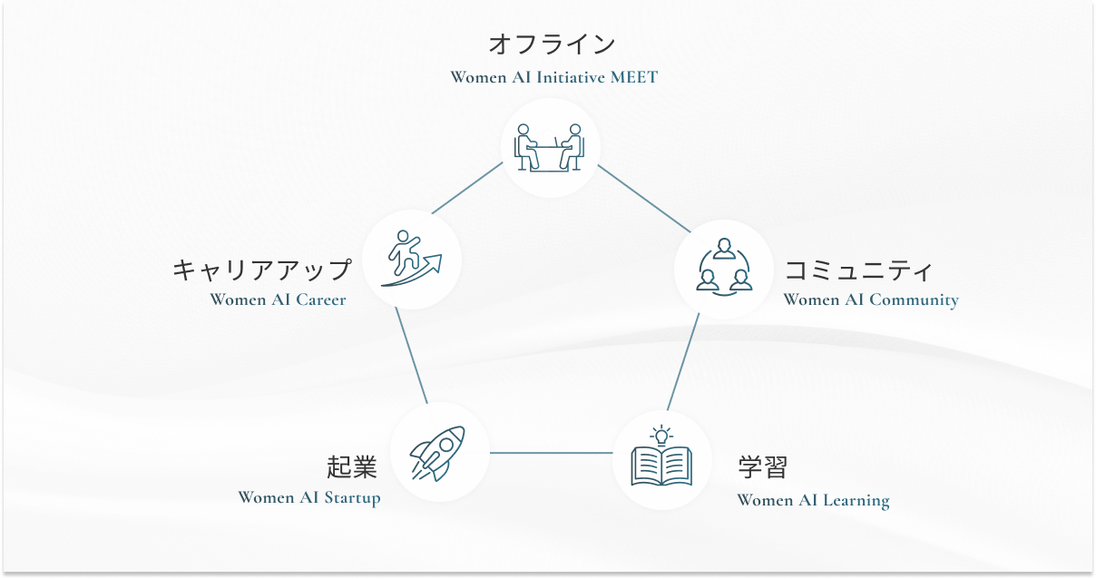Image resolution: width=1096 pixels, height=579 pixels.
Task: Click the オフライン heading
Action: (x=552, y=44)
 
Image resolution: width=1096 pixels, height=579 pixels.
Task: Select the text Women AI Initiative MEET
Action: (x=553, y=77)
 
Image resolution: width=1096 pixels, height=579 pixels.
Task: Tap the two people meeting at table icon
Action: (x=550, y=148)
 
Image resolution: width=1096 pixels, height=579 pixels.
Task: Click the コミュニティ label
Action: (x=858, y=270)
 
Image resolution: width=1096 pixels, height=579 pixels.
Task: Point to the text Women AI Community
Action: (x=870, y=299)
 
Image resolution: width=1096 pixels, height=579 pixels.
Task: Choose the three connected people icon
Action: (x=723, y=269)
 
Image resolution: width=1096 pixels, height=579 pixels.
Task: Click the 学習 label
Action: (x=763, y=468)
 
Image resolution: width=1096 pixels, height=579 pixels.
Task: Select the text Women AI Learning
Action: (x=813, y=500)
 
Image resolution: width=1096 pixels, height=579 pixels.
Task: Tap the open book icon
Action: (x=661, y=466)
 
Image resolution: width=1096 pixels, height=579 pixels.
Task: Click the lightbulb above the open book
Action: (x=661, y=434)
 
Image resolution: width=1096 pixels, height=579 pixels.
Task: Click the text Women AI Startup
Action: (x=308, y=497)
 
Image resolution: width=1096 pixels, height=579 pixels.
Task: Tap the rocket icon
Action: (x=438, y=452)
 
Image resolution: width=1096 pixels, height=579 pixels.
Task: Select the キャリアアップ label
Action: (x=261, y=270)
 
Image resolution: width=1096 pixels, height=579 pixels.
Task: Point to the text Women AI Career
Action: (x=278, y=299)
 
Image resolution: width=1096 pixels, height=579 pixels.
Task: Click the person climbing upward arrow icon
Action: (x=411, y=260)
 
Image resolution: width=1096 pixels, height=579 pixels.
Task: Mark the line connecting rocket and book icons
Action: (x=551, y=452)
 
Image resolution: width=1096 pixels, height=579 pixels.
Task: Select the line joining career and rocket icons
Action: (x=411, y=356)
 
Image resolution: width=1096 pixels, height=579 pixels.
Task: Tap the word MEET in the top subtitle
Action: (x=633, y=77)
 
